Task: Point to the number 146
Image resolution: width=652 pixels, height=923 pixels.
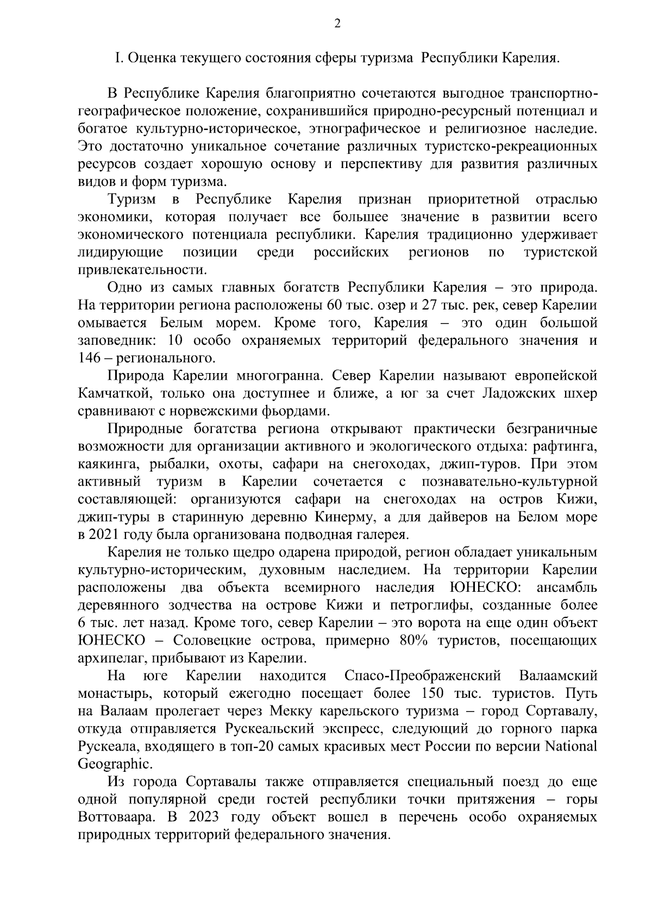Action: pyautogui.click(x=89, y=358)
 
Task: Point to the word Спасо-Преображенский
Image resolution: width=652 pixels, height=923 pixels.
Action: pyautogui.click(x=423, y=676)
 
